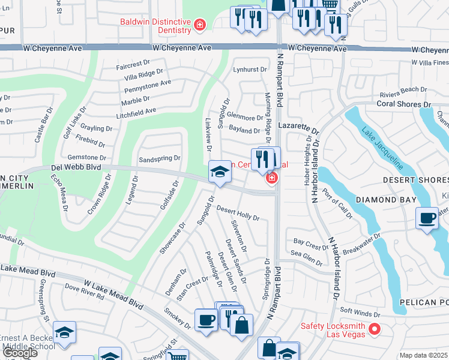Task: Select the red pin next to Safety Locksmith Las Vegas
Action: click(x=375, y=329)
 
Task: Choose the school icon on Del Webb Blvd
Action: click(x=220, y=173)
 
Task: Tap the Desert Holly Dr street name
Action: click(x=238, y=213)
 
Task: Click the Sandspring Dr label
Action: click(x=159, y=159)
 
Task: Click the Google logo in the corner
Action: click(x=20, y=353)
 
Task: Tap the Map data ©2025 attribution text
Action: click(x=423, y=355)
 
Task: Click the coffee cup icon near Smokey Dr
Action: click(x=206, y=319)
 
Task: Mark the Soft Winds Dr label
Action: click(x=361, y=313)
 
